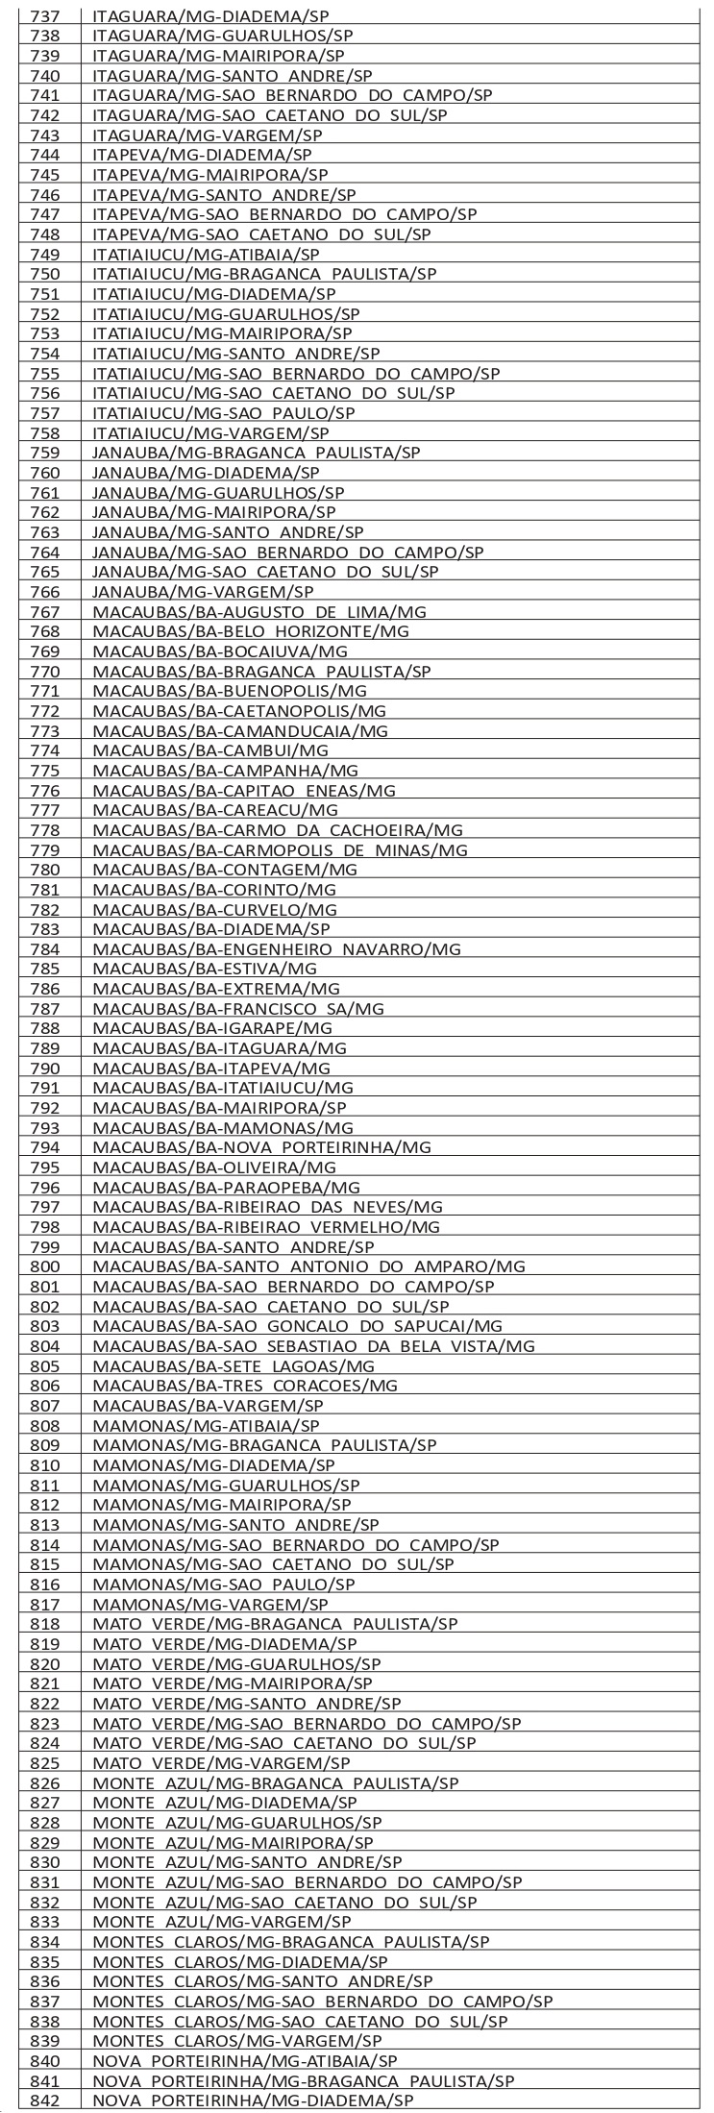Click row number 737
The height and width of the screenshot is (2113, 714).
pyautogui.click(x=45, y=15)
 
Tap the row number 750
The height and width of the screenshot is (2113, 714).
pyautogui.click(x=45, y=274)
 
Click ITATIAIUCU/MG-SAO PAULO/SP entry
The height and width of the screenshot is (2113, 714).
pyautogui.click(x=224, y=412)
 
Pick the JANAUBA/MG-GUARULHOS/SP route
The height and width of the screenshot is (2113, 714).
pyautogui.click(x=218, y=492)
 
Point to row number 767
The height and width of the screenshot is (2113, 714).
pyautogui.click(x=45, y=611)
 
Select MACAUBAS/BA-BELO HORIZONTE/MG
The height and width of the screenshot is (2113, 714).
pyautogui.click(x=251, y=631)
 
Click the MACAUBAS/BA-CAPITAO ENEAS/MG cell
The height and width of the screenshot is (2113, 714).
pyautogui.click(x=244, y=790)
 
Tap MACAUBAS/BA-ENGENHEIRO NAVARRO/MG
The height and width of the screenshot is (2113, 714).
pyautogui.click(x=277, y=948)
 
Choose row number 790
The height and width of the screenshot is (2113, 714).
pyautogui.click(x=45, y=1068)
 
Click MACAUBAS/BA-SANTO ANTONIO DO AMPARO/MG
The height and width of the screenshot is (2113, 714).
pyautogui.click(x=309, y=1266)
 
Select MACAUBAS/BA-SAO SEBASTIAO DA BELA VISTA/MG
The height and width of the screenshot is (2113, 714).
pyautogui.click(x=314, y=1346)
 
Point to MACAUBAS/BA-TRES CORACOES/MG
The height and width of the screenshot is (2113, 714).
pyautogui.click(x=245, y=1386)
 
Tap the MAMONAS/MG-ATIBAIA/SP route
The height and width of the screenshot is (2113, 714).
pyautogui.click(x=206, y=1426)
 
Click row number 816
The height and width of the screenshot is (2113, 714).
pyautogui.click(x=45, y=1585)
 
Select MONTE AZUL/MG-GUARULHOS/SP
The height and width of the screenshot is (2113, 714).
pyautogui.click(x=237, y=1823)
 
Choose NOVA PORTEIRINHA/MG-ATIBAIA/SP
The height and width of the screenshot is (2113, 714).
pyautogui.click(x=245, y=2061)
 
